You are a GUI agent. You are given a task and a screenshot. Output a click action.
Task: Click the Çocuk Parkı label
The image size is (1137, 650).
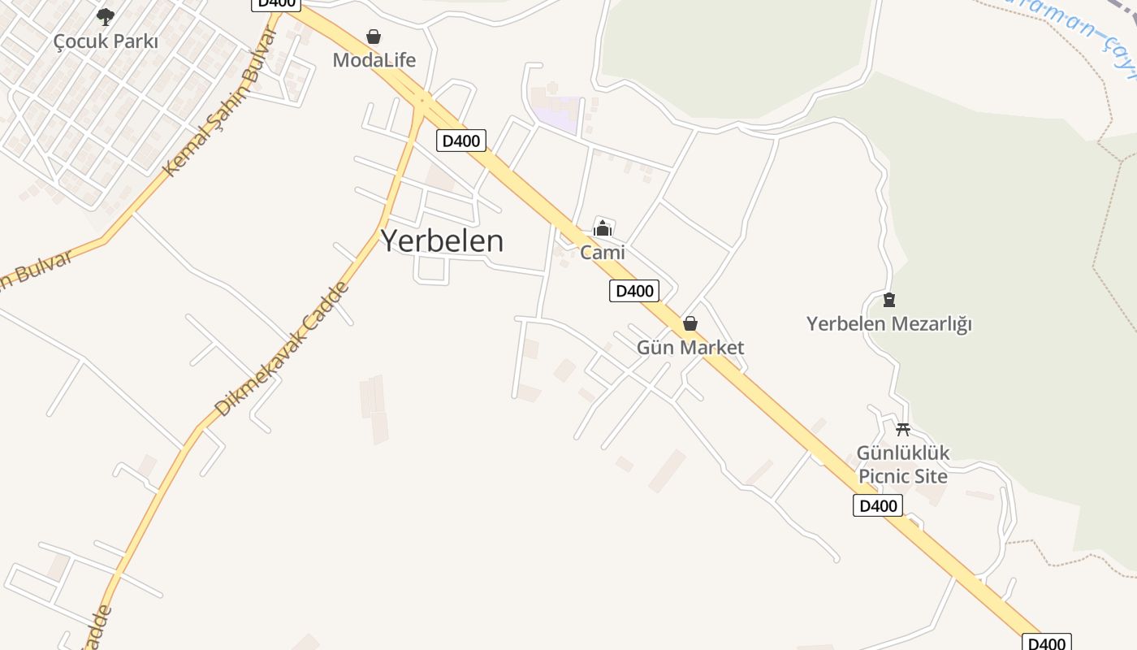(x=106, y=41)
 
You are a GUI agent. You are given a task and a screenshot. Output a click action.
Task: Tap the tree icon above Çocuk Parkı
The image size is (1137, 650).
(x=106, y=16)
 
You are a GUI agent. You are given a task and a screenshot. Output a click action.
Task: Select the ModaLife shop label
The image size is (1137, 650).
(x=374, y=60)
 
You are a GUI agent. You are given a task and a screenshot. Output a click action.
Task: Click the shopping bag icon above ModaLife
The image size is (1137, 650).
(x=374, y=37)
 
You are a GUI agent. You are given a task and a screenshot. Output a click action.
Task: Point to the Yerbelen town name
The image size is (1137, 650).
(x=442, y=240)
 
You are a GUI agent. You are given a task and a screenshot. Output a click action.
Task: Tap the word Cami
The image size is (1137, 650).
(x=603, y=253)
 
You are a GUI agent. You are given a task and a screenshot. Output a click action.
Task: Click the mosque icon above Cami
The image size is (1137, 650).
(x=602, y=229)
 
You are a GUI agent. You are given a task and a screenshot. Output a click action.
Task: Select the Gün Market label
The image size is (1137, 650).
(x=690, y=348)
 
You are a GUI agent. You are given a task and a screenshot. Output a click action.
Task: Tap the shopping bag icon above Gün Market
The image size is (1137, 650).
(x=690, y=324)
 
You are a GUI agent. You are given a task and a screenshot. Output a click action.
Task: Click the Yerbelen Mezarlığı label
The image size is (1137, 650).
(x=888, y=324)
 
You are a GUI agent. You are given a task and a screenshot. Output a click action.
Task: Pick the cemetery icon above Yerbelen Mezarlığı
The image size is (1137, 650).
(x=889, y=300)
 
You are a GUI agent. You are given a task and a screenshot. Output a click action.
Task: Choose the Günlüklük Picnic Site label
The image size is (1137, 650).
(x=903, y=464)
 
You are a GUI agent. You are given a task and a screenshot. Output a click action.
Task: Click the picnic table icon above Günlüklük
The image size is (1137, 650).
(x=902, y=429)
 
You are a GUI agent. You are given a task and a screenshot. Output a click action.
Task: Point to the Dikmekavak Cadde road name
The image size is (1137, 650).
(x=282, y=349)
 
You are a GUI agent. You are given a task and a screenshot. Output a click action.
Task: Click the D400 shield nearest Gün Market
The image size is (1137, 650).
(x=633, y=291)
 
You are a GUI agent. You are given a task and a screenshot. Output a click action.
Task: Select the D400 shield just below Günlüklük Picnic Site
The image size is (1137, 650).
(x=878, y=506)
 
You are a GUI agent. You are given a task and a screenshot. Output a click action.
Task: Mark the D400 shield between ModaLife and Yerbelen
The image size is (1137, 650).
(x=461, y=141)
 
